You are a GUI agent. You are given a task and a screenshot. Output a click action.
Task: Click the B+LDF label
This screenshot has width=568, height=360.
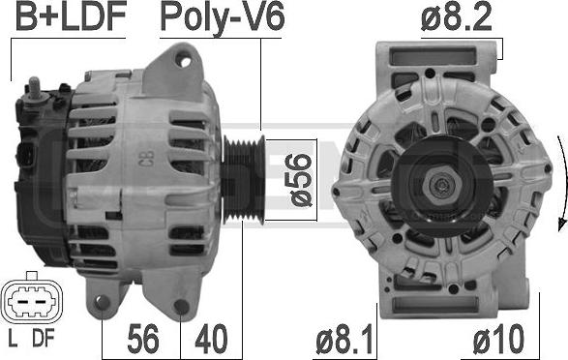tap(71, 15)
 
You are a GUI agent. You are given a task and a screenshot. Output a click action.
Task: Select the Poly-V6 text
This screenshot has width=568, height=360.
tap(223, 18)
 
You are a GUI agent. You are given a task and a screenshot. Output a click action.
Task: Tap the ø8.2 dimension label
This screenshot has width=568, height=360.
tap(457, 16)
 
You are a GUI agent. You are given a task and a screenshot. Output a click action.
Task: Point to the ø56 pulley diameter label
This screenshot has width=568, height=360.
tap(299, 180)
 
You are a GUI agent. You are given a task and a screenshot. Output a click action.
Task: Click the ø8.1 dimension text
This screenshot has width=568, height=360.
tap(344, 340)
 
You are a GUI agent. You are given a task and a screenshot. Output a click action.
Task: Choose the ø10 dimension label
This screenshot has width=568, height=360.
tap(498, 340)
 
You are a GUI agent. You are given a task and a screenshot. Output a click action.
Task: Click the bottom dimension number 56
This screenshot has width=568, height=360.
tap(143, 340)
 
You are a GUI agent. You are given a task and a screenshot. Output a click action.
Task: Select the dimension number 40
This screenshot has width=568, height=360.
tap(211, 340)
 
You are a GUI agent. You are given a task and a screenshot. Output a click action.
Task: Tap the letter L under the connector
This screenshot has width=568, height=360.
tap(13, 339)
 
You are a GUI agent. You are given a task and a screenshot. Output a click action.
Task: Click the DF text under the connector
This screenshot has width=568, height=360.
tap(44, 339)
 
